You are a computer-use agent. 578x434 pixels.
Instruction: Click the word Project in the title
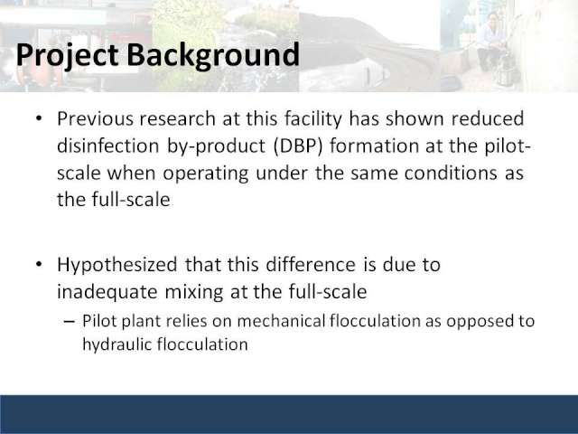pyautogui.click(x=67, y=55)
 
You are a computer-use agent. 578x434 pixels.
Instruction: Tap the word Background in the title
pyautogui.click(x=213, y=55)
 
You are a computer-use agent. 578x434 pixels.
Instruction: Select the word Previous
pyautogui.click(x=95, y=118)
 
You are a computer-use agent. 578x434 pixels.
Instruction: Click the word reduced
pyautogui.click(x=488, y=118)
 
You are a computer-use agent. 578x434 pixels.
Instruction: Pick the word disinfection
pyautogui.click(x=108, y=146)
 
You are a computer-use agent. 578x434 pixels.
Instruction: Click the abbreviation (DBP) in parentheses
pyautogui.click(x=298, y=146)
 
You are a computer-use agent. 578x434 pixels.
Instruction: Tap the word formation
pyautogui.click(x=374, y=146)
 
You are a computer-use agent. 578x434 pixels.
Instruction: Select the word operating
pyautogui.click(x=205, y=174)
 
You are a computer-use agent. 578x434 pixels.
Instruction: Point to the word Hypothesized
pyautogui.click(x=117, y=265)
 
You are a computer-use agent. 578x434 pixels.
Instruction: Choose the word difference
pyautogui.click(x=311, y=265)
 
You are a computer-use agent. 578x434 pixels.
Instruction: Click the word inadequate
pyautogui.click(x=107, y=292)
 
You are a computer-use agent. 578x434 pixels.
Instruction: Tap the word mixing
pyautogui.click(x=194, y=292)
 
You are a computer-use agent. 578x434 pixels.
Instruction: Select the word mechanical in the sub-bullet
pyautogui.click(x=281, y=321)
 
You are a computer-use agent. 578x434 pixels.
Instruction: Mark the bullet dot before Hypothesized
pyautogui.click(x=39, y=264)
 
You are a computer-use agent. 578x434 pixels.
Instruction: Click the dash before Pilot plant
pyautogui.click(x=69, y=322)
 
